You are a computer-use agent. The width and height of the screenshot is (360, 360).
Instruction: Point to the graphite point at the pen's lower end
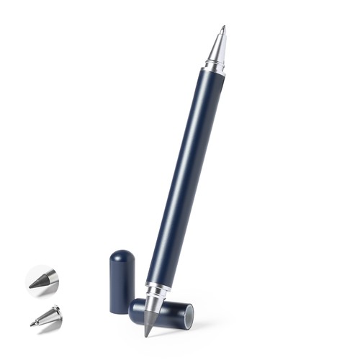pyautogui.click(x=148, y=328)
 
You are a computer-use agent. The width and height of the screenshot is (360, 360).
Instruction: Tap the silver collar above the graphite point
pyautogui.click(x=154, y=295)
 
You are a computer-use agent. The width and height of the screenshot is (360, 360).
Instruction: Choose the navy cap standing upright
pyautogui.click(x=122, y=281)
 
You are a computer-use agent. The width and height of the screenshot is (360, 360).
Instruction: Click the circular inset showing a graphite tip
pyautogui.click(x=42, y=279)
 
